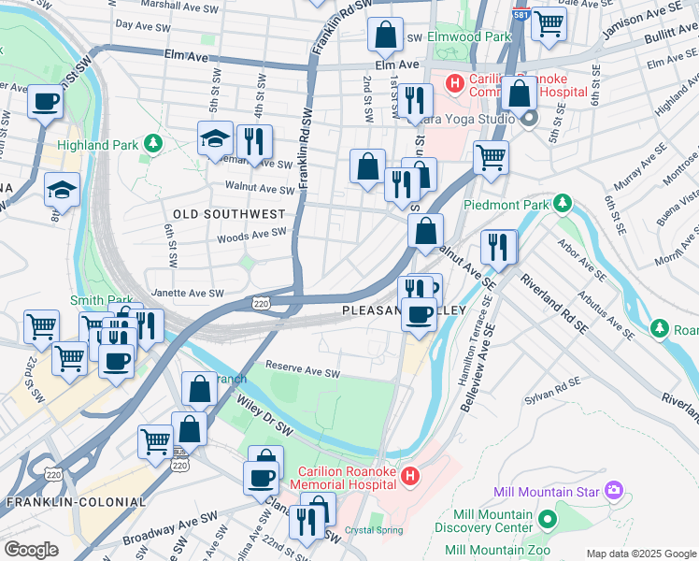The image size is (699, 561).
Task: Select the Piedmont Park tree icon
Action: tap(562, 203)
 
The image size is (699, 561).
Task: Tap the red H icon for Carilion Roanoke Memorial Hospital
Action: tap(408, 478)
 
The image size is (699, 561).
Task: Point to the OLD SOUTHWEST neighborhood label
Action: tap(229, 214)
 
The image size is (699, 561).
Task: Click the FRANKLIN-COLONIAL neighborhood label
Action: tap(77, 502)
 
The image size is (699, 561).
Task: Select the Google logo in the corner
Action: tap(32, 550)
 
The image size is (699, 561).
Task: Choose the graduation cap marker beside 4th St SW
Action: tap(215, 141)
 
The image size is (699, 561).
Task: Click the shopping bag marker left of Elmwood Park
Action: tap(385, 37)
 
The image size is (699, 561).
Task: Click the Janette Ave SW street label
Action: tap(189, 293)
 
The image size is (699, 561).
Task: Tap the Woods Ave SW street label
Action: tap(250, 237)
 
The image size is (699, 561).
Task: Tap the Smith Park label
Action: tap(93, 300)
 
